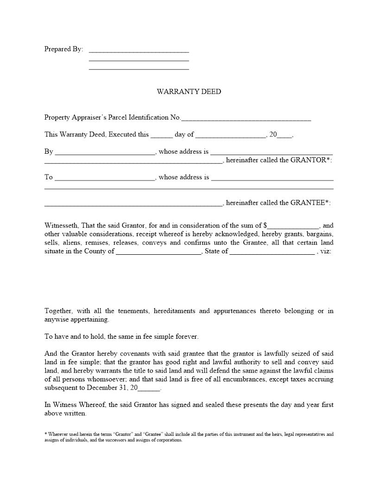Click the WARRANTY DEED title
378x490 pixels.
189,91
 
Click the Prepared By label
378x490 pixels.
63,49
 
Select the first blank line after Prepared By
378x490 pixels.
139,51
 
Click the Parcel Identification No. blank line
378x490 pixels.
246,120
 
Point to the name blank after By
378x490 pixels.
105,154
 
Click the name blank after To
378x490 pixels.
105,179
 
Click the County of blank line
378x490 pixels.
158,253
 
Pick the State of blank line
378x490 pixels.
272,253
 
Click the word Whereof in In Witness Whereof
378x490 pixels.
93,405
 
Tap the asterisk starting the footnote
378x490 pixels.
45,434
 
